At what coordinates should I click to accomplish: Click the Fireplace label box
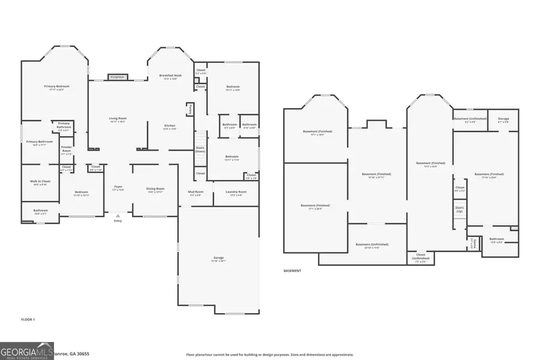click(116, 77)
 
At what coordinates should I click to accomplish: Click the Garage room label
click(218, 259)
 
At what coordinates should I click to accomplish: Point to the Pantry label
click(190, 109)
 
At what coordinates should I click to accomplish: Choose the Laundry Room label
click(234, 193)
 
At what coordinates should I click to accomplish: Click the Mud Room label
click(196, 193)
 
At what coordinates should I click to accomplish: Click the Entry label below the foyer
click(118, 221)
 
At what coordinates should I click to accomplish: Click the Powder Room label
click(66, 150)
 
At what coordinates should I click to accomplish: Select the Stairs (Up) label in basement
click(459, 209)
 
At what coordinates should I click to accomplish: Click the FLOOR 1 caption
click(28, 319)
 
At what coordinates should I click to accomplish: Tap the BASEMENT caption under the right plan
click(292, 271)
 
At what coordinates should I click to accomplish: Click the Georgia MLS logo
click(27, 350)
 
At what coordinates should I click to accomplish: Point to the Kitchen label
click(170, 127)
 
